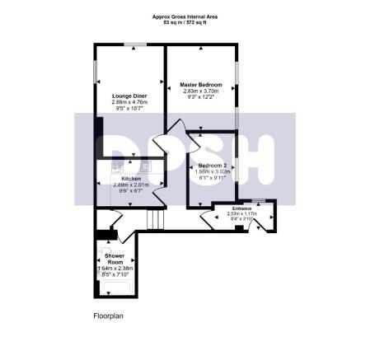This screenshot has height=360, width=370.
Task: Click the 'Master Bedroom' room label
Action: (x=200, y=83)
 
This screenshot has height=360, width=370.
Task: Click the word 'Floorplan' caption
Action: (x=109, y=316)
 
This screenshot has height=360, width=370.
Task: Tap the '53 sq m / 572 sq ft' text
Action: (x=185, y=22)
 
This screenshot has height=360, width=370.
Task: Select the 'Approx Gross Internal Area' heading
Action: (x=185, y=16)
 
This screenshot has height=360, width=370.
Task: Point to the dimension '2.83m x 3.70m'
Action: (x=200, y=91)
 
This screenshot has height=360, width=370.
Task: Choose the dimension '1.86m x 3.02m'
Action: (x=213, y=173)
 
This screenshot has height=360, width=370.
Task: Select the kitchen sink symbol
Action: (x=135, y=164)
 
